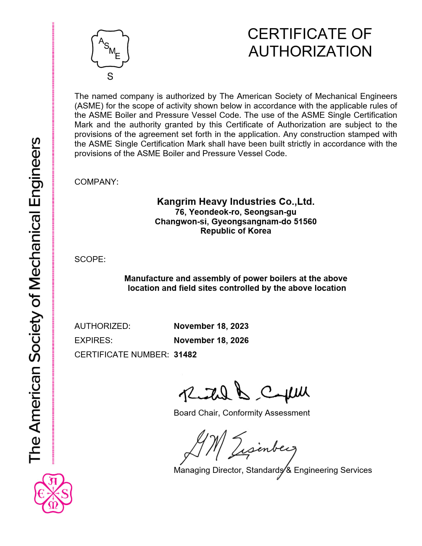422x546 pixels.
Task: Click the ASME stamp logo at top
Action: pyautogui.click(x=110, y=49)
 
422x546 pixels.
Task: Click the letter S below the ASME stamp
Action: pyautogui.click(x=110, y=77)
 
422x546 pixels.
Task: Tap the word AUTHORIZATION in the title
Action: pyautogui.click(x=310, y=52)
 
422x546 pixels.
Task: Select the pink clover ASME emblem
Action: pyautogui.click(x=53, y=493)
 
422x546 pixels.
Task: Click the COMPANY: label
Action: pyautogui.click(x=96, y=182)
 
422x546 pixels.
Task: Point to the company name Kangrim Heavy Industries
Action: pyautogui.click(x=236, y=202)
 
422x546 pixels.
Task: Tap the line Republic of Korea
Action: pyautogui.click(x=236, y=231)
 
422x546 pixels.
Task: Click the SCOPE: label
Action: pyautogui.click(x=90, y=259)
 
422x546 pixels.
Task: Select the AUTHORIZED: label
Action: pyautogui.click(x=102, y=326)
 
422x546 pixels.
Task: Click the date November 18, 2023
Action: pyautogui.click(x=211, y=326)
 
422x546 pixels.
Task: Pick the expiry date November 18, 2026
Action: pyautogui.click(x=211, y=341)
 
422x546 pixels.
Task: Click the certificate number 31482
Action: pyautogui.click(x=185, y=355)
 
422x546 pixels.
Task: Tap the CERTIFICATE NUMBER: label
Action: pyautogui.click(x=121, y=355)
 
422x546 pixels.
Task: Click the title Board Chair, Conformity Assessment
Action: pyautogui.click(x=242, y=413)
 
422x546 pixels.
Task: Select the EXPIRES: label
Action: pyautogui.click(x=93, y=341)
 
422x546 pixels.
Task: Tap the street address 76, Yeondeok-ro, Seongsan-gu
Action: pyautogui.click(x=236, y=212)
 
